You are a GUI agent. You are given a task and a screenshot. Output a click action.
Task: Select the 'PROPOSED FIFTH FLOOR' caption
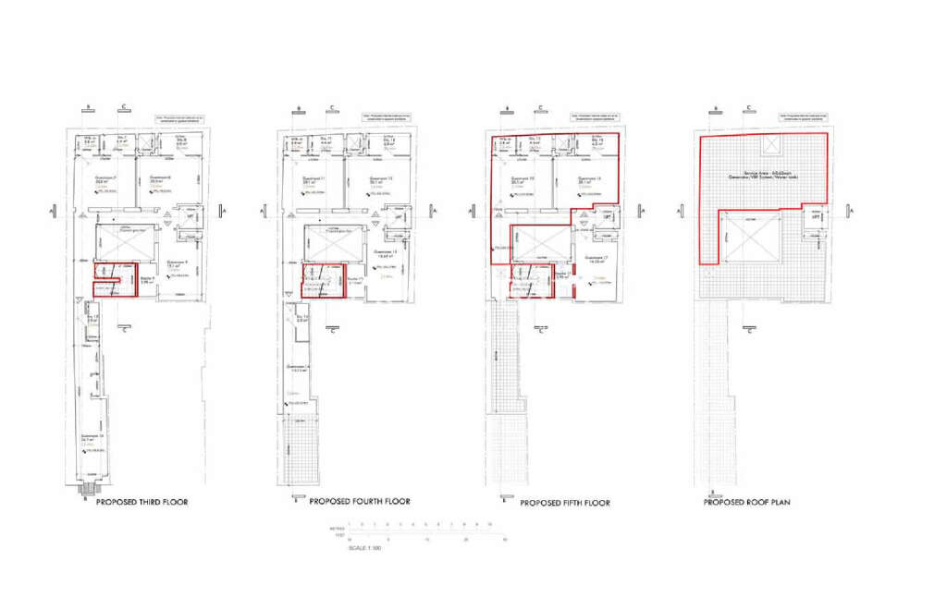pyautogui.click(x=565, y=503)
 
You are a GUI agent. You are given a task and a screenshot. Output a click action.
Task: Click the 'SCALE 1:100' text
pyautogui.click(x=363, y=548)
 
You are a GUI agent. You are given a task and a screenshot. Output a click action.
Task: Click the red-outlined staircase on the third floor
pyautogui.click(x=115, y=280)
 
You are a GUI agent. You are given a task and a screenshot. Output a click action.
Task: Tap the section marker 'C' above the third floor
pyautogui.click(x=124, y=106)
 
